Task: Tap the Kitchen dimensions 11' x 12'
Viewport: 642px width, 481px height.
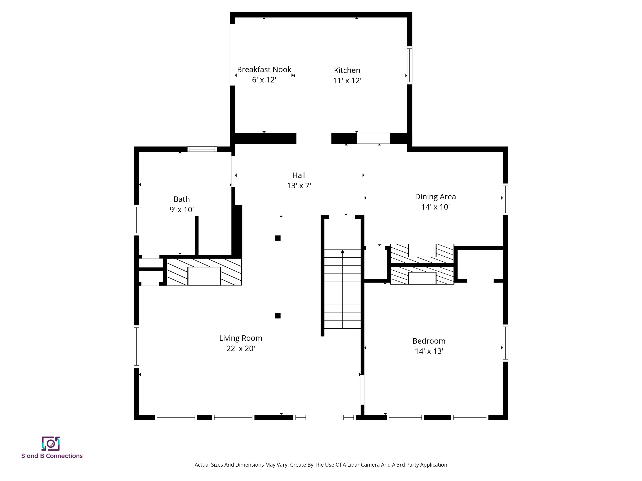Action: click(347, 81)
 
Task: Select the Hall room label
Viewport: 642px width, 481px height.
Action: click(299, 175)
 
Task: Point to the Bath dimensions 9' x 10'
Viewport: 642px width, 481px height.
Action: click(181, 210)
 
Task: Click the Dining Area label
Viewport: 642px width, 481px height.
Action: click(435, 197)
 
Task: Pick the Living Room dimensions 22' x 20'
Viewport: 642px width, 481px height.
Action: click(240, 348)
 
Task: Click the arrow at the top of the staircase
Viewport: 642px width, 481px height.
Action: click(343, 252)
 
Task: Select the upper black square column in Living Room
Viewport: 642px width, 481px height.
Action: click(278, 238)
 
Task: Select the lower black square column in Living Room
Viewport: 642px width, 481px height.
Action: click(278, 316)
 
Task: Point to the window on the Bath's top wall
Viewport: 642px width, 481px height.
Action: click(202, 149)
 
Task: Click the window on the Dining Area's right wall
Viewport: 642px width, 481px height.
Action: click(505, 199)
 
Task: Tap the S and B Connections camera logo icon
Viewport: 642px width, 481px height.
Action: click(51, 444)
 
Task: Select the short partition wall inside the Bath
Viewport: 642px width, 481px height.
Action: click(196, 235)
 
